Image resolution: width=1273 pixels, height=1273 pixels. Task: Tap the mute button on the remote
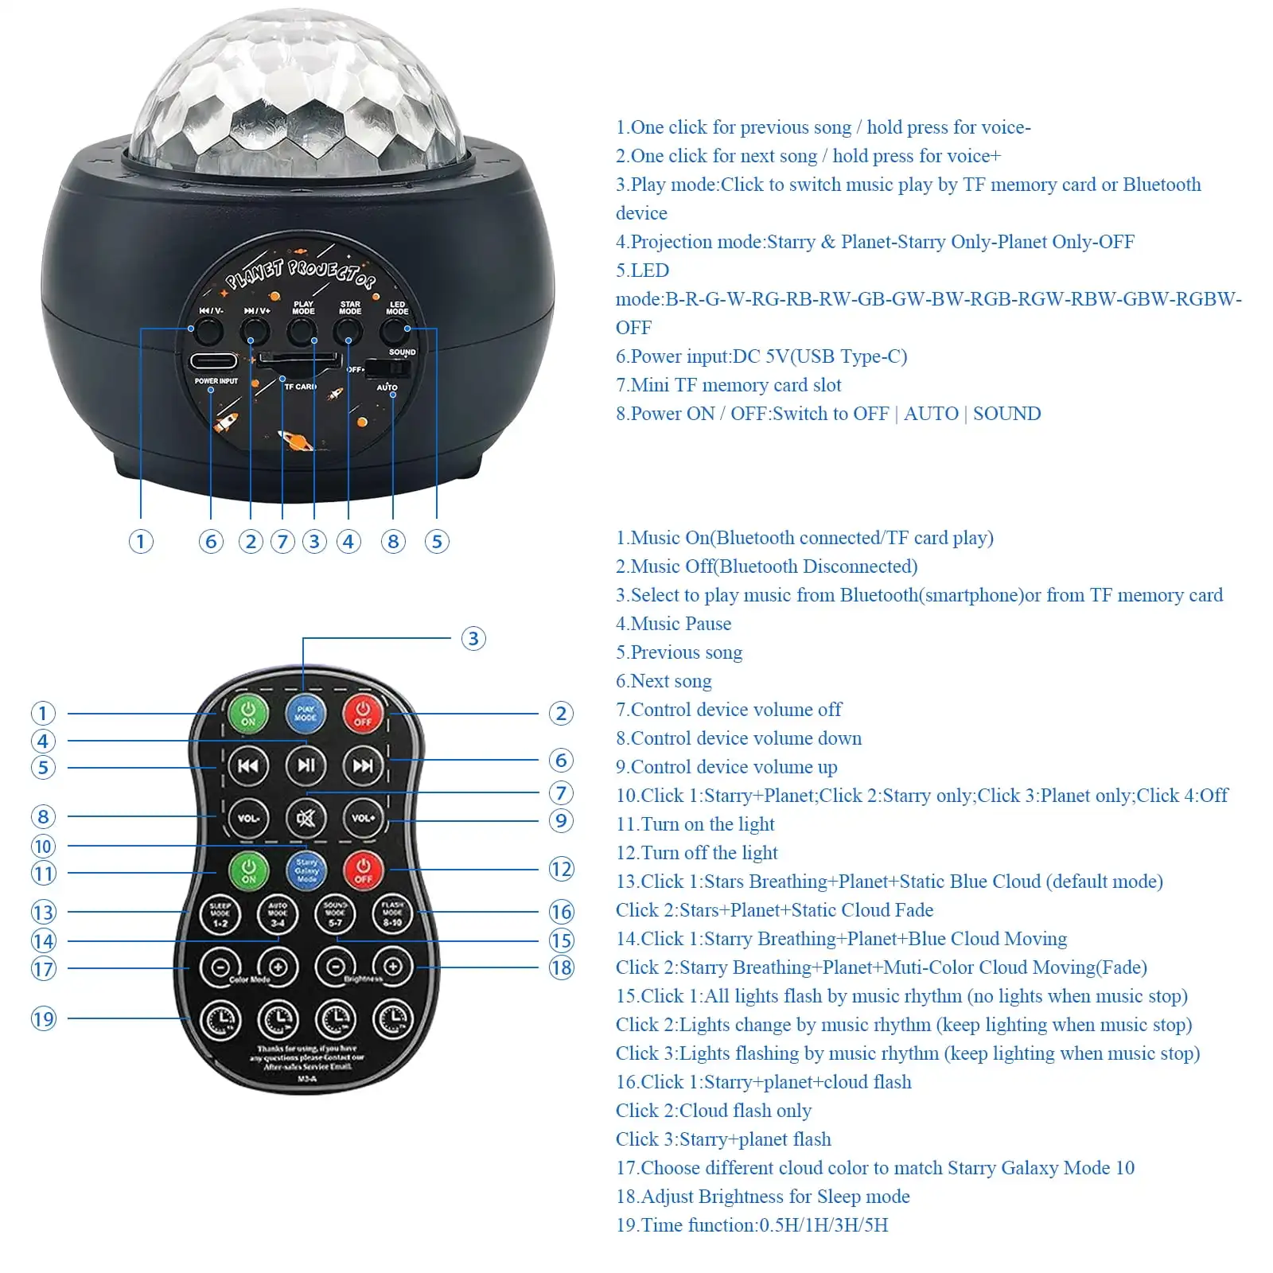coord(306,817)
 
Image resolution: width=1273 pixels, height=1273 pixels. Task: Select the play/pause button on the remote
coord(306,765)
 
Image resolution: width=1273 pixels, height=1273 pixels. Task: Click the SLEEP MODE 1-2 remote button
coord(220,915)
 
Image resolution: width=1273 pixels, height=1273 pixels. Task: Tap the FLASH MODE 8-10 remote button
coord(392,915)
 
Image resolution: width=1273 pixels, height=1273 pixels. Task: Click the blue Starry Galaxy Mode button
coord(306,870)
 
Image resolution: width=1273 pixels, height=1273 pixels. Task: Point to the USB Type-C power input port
coord(213,361)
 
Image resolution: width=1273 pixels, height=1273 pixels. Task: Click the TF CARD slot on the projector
coord(296,363)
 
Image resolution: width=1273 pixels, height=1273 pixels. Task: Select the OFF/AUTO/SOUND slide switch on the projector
coord(388,368)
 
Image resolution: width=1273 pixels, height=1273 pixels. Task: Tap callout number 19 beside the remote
coord(44,1018)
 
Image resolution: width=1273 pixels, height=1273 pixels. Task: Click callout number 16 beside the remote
coord(561,912)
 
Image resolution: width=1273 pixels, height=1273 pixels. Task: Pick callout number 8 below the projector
coord(393,542)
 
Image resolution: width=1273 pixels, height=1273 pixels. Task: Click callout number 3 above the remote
coord(473,638)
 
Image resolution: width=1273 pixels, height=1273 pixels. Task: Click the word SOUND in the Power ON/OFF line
coord(1006,414)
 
